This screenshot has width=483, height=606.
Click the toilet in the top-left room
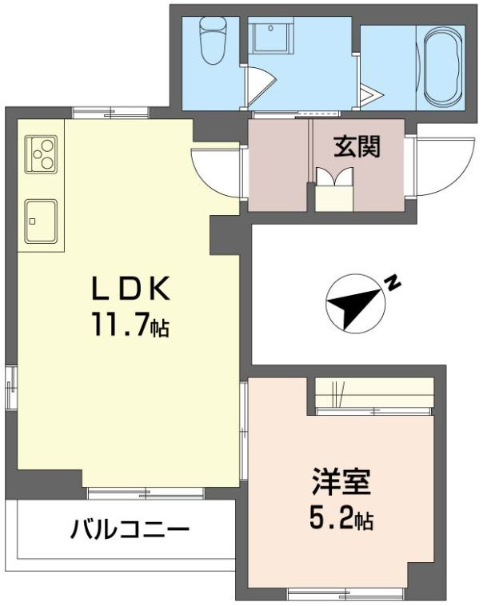[213, 42]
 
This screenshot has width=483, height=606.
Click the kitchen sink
[40, 220]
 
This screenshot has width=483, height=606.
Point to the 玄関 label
[356, 147]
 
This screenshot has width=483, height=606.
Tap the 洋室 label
[341, 485]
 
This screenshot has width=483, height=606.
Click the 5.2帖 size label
[341, 520]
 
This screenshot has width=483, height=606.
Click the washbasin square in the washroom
[269, 37]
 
